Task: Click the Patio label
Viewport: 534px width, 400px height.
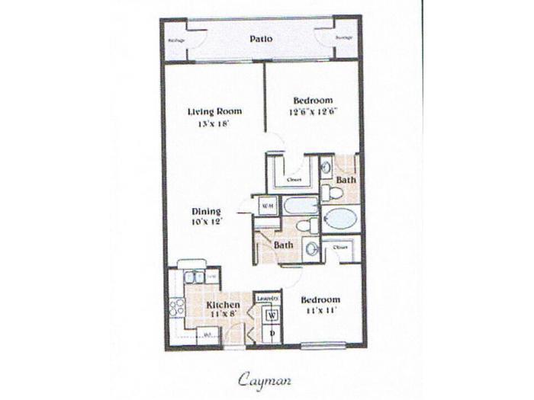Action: (x=261, y=39)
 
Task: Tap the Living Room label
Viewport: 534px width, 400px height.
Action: (x=209, y=112)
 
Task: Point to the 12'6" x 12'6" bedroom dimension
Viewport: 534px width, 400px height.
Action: (x=313, y=111)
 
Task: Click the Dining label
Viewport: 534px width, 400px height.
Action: (x=206, y=212)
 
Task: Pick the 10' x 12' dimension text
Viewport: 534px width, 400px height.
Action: (x=206, y=222)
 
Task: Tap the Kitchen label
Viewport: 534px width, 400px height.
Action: (x=224, y=305)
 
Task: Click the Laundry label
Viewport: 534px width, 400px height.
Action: (x=266, y=298)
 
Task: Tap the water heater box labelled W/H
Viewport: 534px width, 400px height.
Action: (x=266, y=206)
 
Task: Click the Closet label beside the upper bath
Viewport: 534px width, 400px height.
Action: (x=294, y=180)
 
